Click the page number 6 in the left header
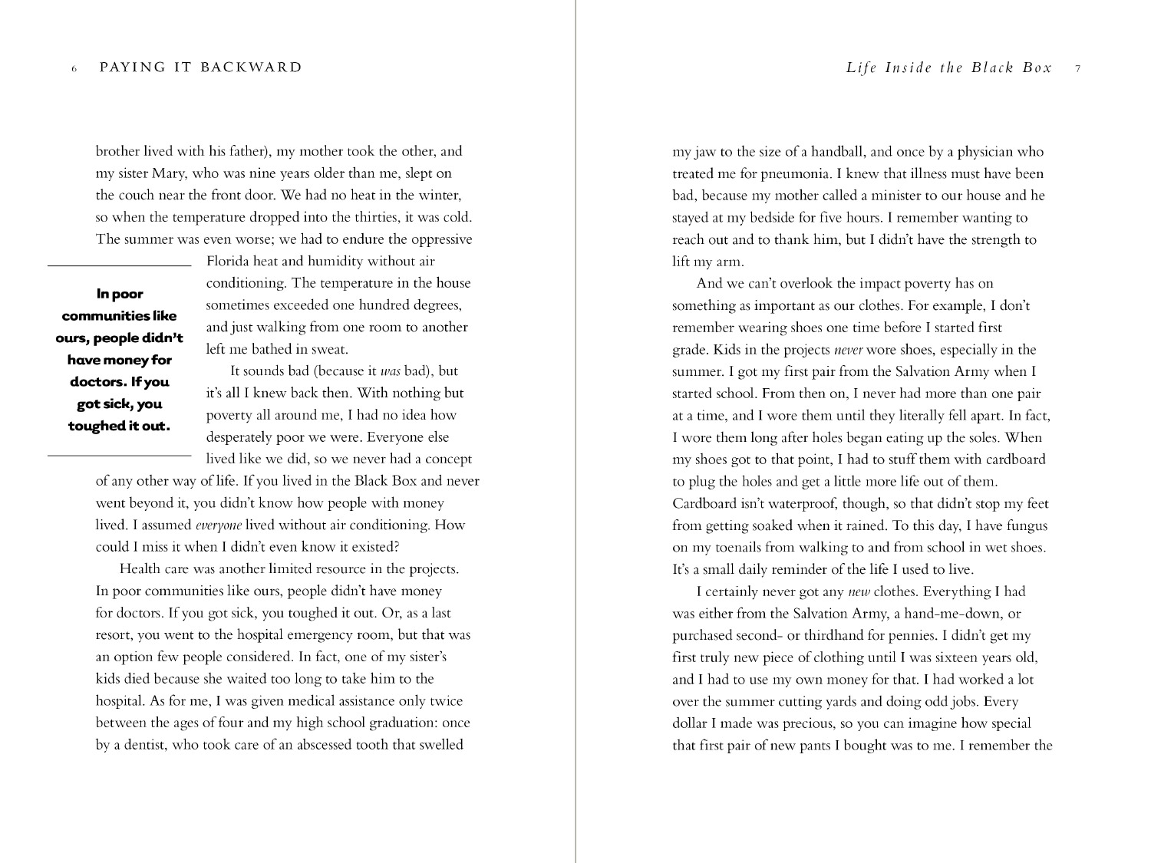tap(74, 68)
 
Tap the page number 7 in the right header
tap(1078, 68)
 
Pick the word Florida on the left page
tap(227, 262)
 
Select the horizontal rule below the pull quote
tap(119, 456)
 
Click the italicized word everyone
tap(219, 525)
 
